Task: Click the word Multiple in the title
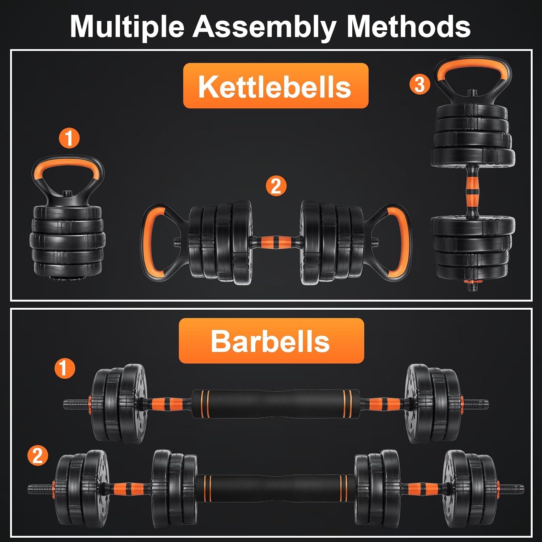127,27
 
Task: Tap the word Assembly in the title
265,27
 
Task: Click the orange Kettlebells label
275,86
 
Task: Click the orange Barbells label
271,341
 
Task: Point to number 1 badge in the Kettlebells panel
69,138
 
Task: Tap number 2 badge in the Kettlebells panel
276,186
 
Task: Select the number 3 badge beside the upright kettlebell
420,85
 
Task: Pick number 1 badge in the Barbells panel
64,368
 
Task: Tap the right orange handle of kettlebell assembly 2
403,240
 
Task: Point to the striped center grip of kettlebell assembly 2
275,241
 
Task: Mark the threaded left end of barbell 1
74,404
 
